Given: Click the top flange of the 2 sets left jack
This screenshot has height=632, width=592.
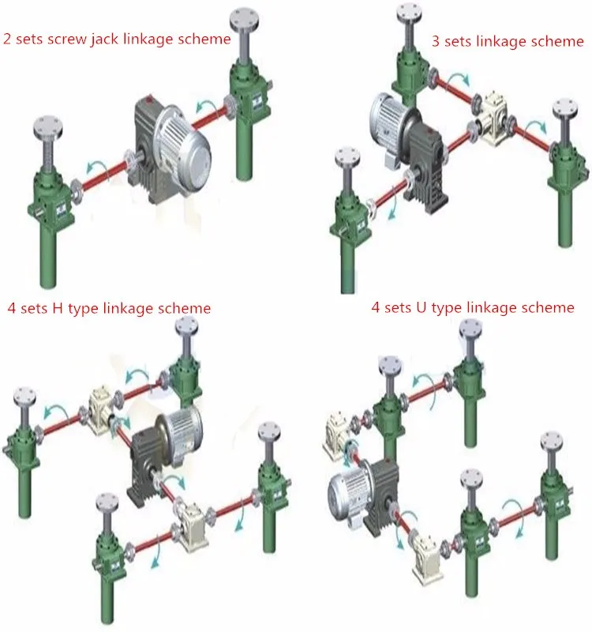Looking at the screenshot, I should point(48,126).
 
